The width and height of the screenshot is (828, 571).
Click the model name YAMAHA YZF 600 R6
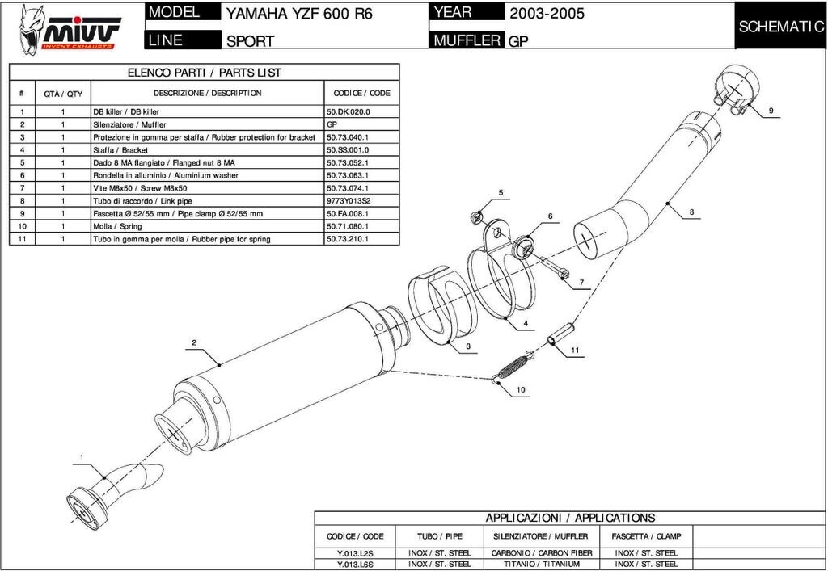299,15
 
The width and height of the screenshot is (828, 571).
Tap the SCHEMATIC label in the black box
780,27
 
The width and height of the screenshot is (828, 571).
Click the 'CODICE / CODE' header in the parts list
361,93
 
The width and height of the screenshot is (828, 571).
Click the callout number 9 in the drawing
771,110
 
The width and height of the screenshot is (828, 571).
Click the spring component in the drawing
511,367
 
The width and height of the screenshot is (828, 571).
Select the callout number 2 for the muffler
194,343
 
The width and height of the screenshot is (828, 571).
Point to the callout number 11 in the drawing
575,351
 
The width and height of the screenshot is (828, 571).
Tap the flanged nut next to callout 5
477,216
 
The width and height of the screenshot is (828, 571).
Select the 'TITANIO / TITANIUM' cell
543,564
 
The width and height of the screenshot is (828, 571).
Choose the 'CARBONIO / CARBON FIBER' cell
543,553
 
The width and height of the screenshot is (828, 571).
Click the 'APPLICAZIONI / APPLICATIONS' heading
570,518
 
